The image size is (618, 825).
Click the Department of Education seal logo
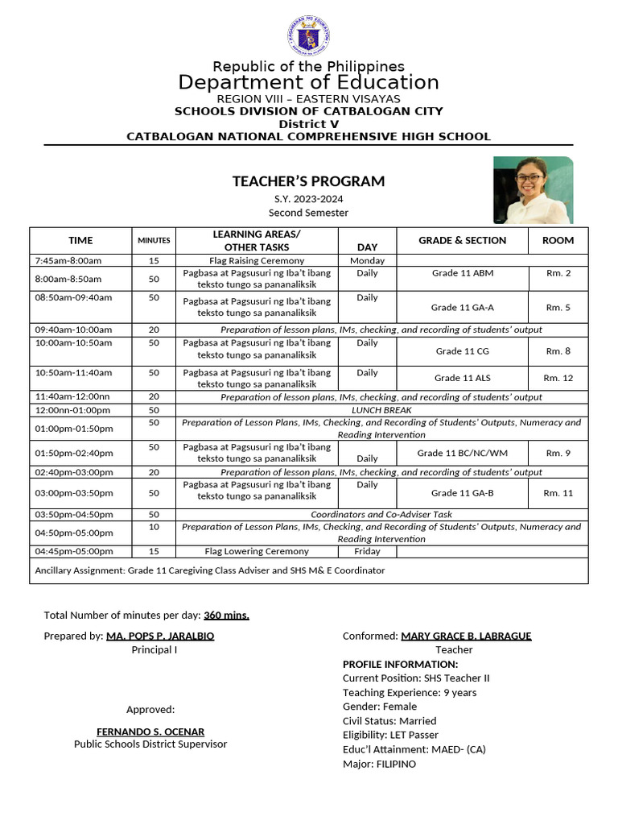309,37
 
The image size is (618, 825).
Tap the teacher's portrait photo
533,190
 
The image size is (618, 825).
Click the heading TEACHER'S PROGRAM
308,181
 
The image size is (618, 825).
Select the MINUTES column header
154,240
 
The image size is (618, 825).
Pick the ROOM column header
558,240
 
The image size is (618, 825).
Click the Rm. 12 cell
558,378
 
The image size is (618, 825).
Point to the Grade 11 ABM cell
463,273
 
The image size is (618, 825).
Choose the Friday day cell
367,551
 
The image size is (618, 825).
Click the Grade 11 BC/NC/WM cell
463,453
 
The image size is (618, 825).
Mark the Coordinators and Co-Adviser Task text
381,514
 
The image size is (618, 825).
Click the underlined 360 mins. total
226,616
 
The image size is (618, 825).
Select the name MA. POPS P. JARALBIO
160,636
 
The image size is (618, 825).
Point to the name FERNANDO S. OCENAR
150,732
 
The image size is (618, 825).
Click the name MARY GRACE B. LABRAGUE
466,636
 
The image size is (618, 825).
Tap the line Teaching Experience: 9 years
409,692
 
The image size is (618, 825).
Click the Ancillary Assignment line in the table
209,570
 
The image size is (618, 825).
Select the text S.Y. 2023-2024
308,199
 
